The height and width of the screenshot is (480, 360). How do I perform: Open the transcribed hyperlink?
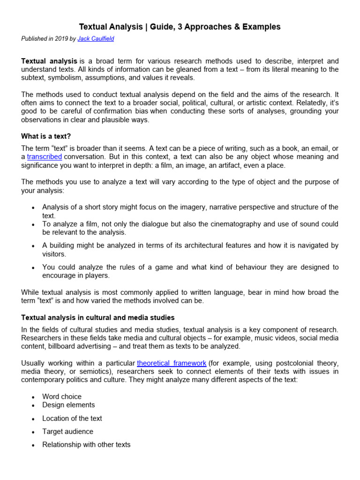point(45,157)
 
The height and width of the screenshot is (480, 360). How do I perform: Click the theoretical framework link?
point(172,363)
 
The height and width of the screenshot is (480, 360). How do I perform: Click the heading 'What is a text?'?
point(46,136)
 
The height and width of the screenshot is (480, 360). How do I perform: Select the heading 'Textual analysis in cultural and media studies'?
point(98,318)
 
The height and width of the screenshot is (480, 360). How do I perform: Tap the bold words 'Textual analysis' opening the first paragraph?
point(49,61)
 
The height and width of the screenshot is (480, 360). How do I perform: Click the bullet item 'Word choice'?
point(61,397)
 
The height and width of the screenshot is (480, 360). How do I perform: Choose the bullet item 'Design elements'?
point(68,405)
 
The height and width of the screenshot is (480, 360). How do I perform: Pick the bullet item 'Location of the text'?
point(72,418)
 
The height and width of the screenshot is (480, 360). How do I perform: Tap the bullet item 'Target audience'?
point(67,431)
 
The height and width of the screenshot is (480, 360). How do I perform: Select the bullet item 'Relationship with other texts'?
point(86,444)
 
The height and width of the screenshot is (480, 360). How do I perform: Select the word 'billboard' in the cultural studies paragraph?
point(61,346)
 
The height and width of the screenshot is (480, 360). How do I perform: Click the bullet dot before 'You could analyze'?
point(32,268)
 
